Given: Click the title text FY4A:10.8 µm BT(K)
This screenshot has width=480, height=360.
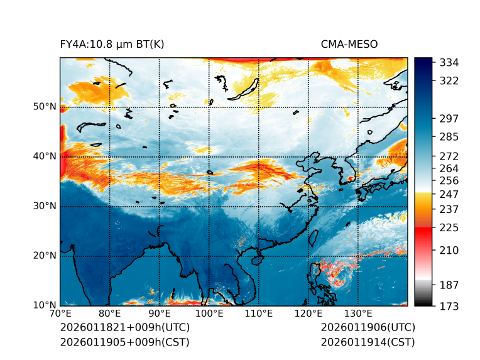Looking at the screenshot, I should pos(112,45).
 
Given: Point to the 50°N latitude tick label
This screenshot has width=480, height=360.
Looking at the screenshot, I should pos(45,107).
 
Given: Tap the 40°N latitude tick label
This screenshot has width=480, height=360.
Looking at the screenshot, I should pos(45,156).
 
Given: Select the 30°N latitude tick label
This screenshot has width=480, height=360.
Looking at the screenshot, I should pos(45,206).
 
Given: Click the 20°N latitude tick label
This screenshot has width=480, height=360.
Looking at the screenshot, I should pos(45,256).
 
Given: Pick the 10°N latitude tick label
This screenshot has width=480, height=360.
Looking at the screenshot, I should pos(45,305).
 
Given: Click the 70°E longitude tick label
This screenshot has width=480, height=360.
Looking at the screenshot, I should pos(60,314).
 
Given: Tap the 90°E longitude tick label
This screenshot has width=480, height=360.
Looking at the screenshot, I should pos(160,314).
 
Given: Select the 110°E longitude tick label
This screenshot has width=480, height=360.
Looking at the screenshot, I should pos(258,314).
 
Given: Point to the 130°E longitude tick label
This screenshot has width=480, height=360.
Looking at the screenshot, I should pos(357,314).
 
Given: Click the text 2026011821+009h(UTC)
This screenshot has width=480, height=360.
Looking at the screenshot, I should pos(124,328).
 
